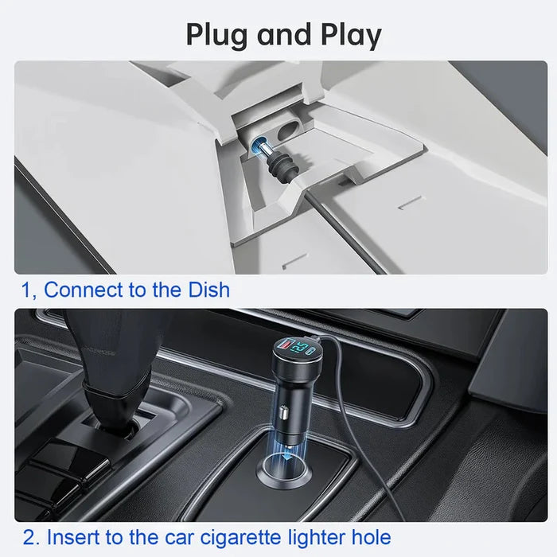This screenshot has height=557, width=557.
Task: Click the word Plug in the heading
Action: pyautogui.click(x=216, y=36)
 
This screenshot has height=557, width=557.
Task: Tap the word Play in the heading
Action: pyautogui.click(x=351, y=36)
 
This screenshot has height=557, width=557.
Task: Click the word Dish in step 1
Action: pyautogui.click(x=208, y=290)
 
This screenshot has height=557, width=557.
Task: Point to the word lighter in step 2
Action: pyautogui.click(x=316, y=537)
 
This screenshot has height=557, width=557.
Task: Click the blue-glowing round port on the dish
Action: pyautogui.click(x=258, y=143)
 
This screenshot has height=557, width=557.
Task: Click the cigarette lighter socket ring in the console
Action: pyautogui.click(x=284, y=471)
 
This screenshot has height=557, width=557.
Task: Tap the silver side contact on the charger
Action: pyautogui.click(x=283, y=412)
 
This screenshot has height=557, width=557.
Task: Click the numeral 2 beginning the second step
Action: pyautogui.click(x=29, y=537)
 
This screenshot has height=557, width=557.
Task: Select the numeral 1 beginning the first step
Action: pyautogui.click(x=25, y=290)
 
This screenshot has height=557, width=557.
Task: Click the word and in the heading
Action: pyautogui.click(x=283, y=34)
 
